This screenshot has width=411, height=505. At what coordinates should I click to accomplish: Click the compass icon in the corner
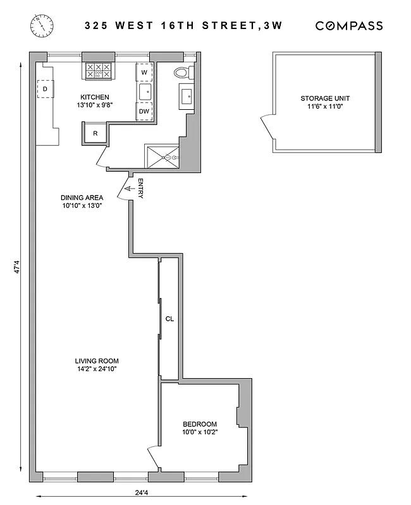click(41, 26)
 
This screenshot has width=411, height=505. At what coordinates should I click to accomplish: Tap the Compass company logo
click(349, 26)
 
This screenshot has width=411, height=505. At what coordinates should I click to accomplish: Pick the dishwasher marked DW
click(145, 111)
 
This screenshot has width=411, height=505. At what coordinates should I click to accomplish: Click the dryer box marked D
click(45, 90)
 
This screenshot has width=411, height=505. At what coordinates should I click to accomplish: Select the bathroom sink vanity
click(187, 97)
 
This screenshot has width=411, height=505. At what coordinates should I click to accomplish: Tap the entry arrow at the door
click(132, 187)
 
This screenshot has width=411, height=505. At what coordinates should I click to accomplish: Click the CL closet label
click(169, 319)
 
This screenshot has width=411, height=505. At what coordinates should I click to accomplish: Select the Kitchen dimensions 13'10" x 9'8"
click(95, 106)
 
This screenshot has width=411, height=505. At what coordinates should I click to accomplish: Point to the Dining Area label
click(82, 197)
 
